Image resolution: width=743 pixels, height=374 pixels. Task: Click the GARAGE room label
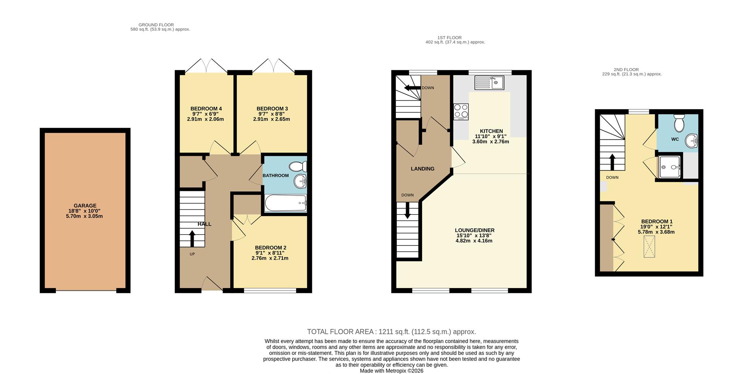tap(85, 206)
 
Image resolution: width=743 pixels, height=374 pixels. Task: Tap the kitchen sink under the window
tap(490, 82)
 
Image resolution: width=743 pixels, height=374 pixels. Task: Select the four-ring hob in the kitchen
tap(461, 111)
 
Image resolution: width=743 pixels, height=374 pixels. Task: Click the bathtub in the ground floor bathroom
tap(286, 203)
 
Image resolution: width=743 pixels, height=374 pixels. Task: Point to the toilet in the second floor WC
tap(679, 123)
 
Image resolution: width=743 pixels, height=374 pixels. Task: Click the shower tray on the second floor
tap(670, 167)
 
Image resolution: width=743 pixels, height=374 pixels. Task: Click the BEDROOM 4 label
tap(206, 108)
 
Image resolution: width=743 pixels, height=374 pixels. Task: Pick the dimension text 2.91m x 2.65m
tap(271, 119)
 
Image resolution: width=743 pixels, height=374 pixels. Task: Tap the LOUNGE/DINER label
tap(474, 230)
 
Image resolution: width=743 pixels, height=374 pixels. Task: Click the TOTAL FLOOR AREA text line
tap(391, 332)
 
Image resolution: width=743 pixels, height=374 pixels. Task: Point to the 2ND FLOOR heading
tap(626, 70)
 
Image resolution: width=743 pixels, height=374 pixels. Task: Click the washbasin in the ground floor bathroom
tap(300, 181)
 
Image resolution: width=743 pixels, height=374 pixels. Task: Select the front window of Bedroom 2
tap(270, 290)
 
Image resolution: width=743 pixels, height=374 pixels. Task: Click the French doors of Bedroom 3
tap(273, 67)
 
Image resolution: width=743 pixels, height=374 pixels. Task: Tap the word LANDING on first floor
tap(422, 169)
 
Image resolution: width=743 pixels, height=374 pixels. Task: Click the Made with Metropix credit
tap(391, 371)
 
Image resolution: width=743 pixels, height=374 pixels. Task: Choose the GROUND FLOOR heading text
tap(156, 25)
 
